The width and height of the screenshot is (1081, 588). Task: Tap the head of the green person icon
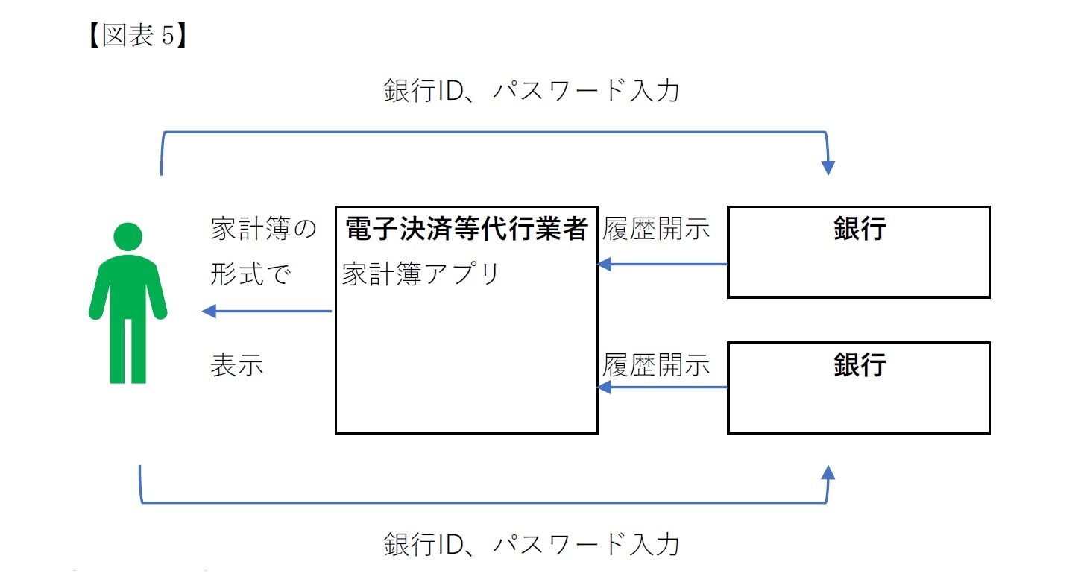(127, 237)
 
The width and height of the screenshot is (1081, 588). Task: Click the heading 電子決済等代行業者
(467, 229)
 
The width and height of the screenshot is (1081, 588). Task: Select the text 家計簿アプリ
(420, 274)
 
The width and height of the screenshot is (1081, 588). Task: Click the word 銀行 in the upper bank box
(859, 229)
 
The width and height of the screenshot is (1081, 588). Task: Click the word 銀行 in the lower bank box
(859, 364)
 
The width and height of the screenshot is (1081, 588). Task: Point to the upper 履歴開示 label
(657, 229)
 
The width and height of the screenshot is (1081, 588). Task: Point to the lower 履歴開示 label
(657, 365)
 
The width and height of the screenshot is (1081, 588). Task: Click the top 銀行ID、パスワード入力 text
(532, 91)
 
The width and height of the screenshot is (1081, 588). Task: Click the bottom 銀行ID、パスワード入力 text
(532, 544)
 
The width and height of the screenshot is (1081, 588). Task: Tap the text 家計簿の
(264, 229)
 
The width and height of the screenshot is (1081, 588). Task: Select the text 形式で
(250, 274)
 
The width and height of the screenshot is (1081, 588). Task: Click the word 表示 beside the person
(237, 366)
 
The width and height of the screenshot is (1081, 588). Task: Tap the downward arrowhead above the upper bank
(828, 167)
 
